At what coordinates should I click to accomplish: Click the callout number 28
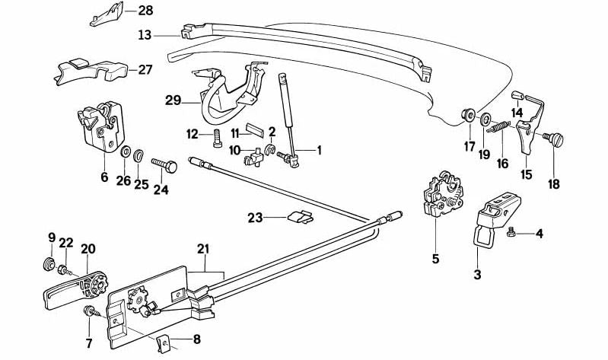click(145, 11)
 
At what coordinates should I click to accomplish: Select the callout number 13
click(145, 34)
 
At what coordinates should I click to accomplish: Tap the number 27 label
click(145, 69)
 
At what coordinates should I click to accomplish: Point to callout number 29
click(173, 100)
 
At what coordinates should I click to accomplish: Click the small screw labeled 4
click(515, 233)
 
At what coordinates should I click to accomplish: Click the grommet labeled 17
click(466, 116)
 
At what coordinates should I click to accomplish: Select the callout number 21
click(202, 249)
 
